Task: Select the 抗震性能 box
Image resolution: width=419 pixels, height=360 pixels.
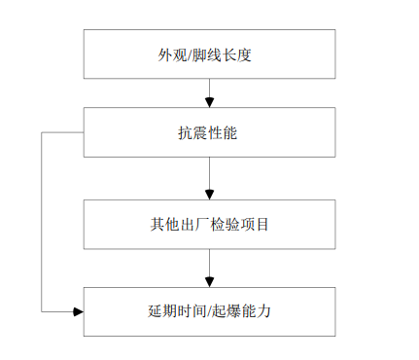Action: [209, 131]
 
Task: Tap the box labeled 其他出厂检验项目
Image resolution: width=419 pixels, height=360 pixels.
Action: [209, 225]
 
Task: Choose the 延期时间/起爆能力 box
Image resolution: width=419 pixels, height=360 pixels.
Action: [209, 311]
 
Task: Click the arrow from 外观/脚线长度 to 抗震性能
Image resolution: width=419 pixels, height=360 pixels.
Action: [209, 91]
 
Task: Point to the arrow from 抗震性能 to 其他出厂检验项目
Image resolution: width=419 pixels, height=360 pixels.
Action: [209, 178]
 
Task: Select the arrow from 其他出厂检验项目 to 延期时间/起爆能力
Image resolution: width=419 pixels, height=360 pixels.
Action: [209, 267]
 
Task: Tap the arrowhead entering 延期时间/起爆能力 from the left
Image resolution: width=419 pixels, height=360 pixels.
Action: [78, 311]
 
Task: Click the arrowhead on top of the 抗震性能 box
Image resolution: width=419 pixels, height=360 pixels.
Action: [209, 102]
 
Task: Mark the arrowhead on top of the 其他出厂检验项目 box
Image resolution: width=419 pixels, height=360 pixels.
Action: [209, 195]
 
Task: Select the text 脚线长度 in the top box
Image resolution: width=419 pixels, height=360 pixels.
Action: [223, 54]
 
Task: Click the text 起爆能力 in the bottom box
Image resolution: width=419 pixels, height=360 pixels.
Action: [244, 311]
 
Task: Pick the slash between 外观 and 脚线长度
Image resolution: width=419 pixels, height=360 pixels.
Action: [189, 54]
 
